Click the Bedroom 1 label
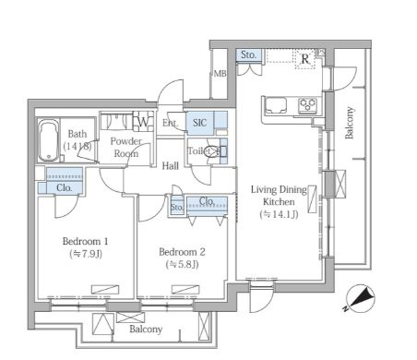(85, 241)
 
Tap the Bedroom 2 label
(182, 252)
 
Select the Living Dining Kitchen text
(279, 196)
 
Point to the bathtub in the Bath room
(49, 140)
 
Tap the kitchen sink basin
(275, 105)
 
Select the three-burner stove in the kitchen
(307, 104)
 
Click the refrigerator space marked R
(305, 58)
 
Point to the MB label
(220, 74)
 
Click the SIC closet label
(199, 123)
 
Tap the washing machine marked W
(143, 122)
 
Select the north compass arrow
(363, 298)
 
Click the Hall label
(171, 166)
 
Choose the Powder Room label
(125, 147)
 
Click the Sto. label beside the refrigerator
(248, 55)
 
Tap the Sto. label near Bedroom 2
(177, 207)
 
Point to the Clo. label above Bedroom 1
(65, 187)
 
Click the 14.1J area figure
(279, 214)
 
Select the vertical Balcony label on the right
(350, 123)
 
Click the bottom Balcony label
(146, 329)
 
